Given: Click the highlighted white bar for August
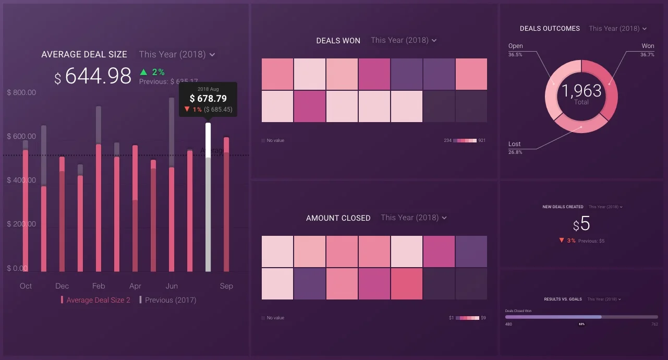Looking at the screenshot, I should pyautogui.click(x=208, y=198).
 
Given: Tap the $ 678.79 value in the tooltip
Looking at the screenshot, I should pyautogui.click(x=208, y=99).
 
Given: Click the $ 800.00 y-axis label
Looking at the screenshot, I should pyautogui.click(x=21, y=92).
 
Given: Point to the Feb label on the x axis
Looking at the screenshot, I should pyautogui.click(x=99, y=286).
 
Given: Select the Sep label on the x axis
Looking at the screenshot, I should pyautogui.click(x=226, y=286).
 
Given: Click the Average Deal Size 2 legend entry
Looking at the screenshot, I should pyautogui.click(x=98, y=300).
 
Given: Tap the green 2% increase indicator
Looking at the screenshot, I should pyautogui.click(x=152, y=72).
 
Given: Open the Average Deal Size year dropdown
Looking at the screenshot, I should pyautogui.click(x=177, y=54).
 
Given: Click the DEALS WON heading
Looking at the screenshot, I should pyautogui.click(x=338, y=41).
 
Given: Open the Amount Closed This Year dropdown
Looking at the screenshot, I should pyautogui.click(x=414, y=218).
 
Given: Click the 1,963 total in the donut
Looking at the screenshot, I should pyautogui.click(x=581, y=91).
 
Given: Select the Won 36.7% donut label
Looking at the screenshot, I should pyautogui.click(x=647, y=50).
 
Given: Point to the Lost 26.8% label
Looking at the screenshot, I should pyautogui.click(x=515, y=148).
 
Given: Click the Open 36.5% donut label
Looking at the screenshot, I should pyautogui.click(x=515, y=50).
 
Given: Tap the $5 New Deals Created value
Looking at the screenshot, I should pyautogui.click(x=581, y=224).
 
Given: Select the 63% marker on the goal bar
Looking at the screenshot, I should pyautogui.click(x=581, y=324).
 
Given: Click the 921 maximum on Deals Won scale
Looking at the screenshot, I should pyautogui.click(x=482, y=140).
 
